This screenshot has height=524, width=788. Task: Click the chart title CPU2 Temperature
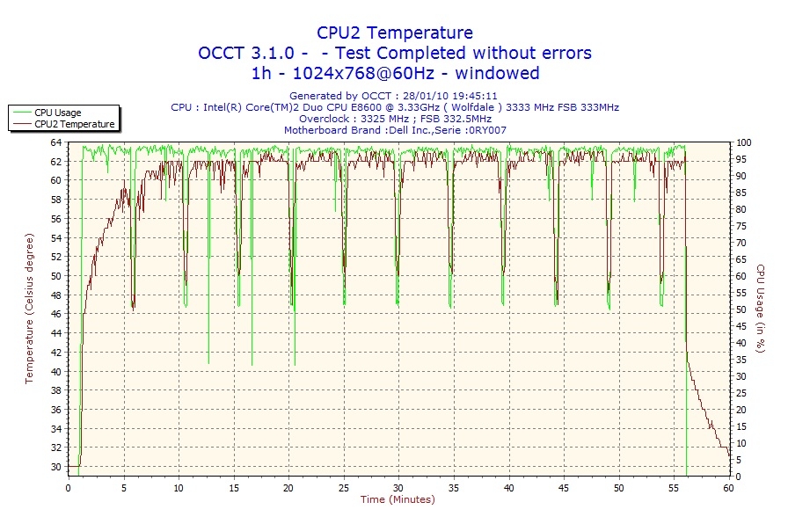tap(394, 33)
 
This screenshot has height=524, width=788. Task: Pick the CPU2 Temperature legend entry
tap(75, 124)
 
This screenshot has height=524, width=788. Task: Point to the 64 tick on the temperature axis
tap(56, 142)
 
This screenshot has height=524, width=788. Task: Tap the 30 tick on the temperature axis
tap(56, 467)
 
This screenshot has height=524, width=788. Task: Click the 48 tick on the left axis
tap(56, 314)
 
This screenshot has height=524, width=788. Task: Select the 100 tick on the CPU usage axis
tap(743, 142)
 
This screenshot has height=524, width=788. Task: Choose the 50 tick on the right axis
tap(741, 309)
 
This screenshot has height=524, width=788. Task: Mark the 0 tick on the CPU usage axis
tap(738, 477)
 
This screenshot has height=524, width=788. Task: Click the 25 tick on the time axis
tap(344, 486)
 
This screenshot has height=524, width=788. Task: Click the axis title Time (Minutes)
tap(398, 499)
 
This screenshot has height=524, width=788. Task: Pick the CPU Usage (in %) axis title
tap(760, 309)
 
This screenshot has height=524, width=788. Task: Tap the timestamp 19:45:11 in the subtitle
tap(475, 96)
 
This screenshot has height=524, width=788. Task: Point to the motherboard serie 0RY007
tap(485, 130)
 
